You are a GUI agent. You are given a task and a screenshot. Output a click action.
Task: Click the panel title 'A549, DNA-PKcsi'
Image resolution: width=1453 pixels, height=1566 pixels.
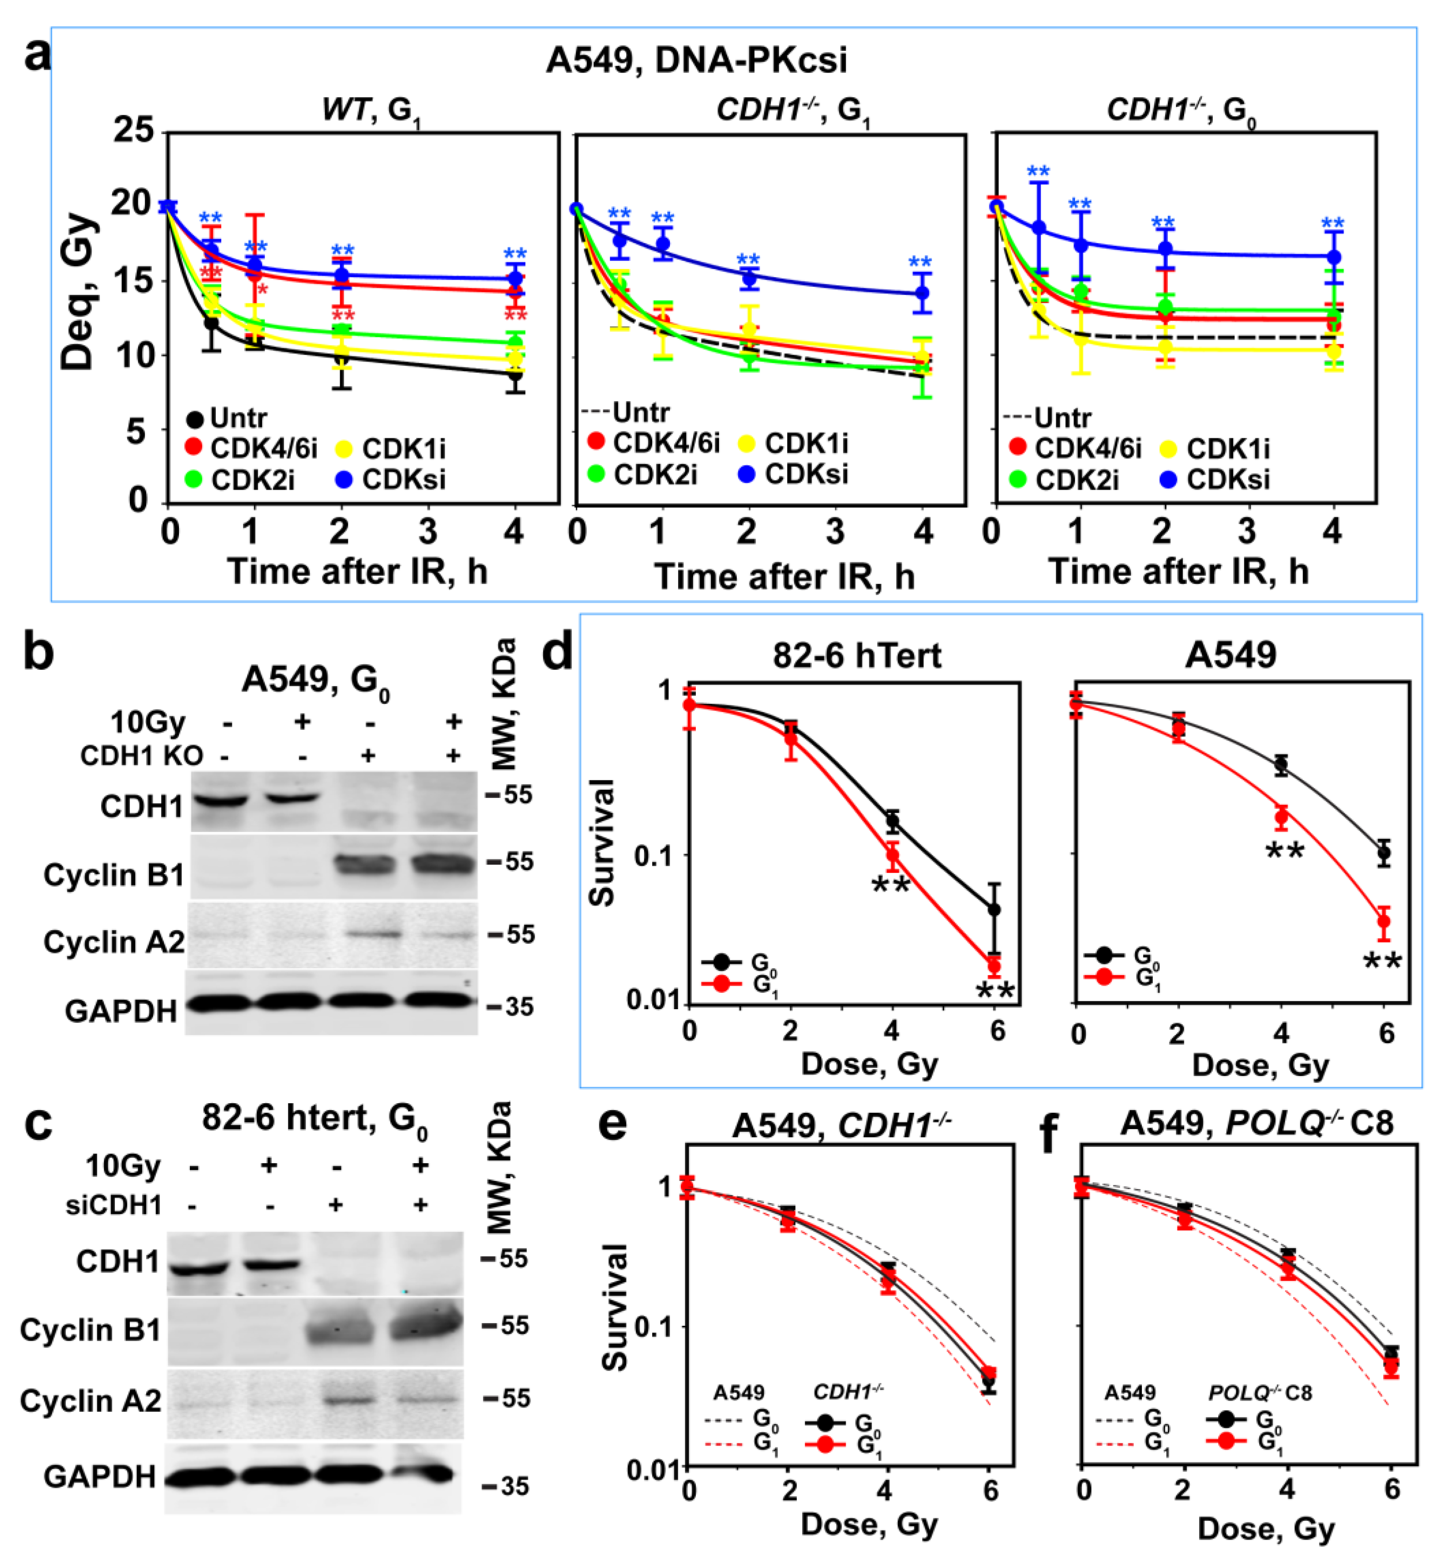(x=697, y=60)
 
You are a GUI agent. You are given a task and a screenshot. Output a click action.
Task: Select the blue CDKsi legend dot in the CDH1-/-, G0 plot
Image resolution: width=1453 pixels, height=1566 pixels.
(x=1168, y=479)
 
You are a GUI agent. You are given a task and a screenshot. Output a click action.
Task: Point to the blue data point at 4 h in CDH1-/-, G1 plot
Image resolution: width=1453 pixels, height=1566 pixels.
(x=922, y=293)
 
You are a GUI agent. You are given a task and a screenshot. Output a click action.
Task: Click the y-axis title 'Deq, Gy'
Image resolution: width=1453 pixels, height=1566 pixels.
(x=78, y=291)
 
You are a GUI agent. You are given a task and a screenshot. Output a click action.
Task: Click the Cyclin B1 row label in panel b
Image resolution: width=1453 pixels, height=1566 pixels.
(x=114, y=874)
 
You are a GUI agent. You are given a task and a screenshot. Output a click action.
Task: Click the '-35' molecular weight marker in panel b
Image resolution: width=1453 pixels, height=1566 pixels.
(x=510, y=1006)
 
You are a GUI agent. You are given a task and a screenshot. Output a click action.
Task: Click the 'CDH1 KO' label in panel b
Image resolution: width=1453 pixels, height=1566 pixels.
(x=142, y=755)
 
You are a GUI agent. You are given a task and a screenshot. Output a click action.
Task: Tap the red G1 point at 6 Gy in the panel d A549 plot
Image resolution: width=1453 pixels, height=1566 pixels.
(x=1384, y=922)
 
